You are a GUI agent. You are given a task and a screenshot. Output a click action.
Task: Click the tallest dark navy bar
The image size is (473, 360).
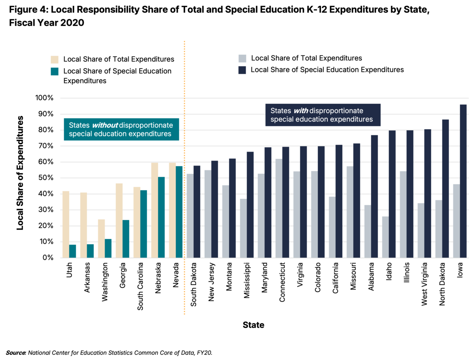pos(463,181)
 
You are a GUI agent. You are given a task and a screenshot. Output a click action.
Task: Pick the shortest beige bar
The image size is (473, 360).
pos(101,238)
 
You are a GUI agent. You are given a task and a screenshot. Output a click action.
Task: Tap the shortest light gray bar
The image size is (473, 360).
pos(385,237)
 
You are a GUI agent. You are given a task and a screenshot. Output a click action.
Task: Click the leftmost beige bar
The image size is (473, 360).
pos(66,224)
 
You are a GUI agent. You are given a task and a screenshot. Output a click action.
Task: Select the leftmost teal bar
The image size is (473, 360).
pos(73,251)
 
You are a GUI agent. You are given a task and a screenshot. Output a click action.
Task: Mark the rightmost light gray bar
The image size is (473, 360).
pos(456,221)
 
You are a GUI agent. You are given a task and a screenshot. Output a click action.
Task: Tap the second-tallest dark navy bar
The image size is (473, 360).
pos(446,189)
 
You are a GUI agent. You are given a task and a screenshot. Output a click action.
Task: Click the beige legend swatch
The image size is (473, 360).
pos(54,60)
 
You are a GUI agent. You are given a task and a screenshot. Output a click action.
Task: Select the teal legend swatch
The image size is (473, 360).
pos(55,71)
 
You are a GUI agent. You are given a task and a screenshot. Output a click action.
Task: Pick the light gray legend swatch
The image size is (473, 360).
pos(242,58)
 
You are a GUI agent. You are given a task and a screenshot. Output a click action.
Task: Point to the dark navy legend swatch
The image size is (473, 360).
pos(242,70)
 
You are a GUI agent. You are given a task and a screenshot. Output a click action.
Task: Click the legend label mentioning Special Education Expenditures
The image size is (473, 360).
pos(327,70)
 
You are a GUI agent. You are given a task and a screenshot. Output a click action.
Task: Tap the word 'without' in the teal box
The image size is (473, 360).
pos(105,125)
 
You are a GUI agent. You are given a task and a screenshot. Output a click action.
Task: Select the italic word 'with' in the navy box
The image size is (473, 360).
pos(301,111)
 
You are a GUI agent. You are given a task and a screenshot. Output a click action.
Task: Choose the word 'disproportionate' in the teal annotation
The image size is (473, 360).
pos(146,125)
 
